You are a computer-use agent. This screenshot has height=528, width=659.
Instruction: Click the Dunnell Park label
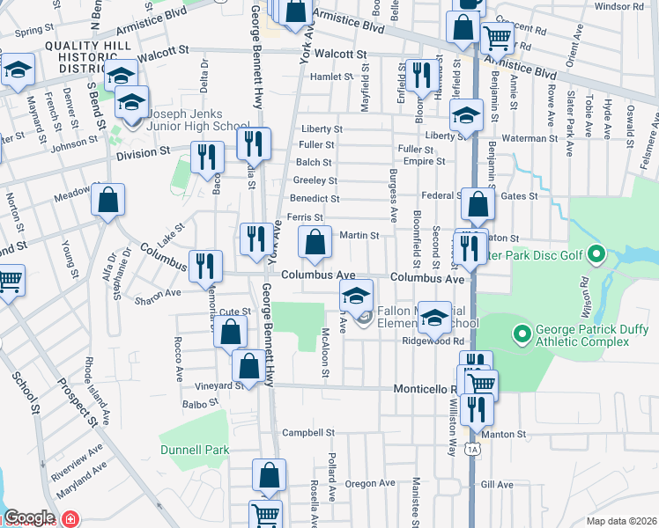pyautogui.click(x=195, y=450)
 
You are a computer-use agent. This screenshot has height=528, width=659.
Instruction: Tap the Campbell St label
pyautogui.click(x=308, y=433)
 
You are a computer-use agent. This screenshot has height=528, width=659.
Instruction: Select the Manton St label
pyautogui.click(x=508, y=434)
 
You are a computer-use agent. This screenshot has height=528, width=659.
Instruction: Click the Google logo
pyautogui.click(x=29, y=517)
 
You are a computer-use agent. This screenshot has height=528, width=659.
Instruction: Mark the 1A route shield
pyautogui.click(x=473, y=450)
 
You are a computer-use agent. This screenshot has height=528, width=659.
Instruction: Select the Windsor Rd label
pyautogui.click(x=620, y=6)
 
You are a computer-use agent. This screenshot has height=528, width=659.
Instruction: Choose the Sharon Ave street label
pyautogui.click(x=159, y=292)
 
